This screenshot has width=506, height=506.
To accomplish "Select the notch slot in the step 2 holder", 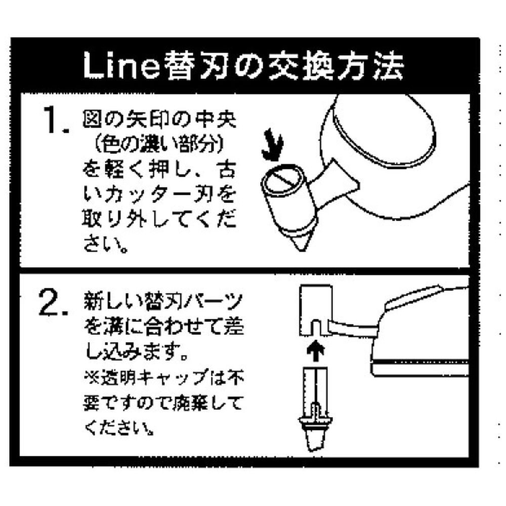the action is (x=317, y=327).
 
